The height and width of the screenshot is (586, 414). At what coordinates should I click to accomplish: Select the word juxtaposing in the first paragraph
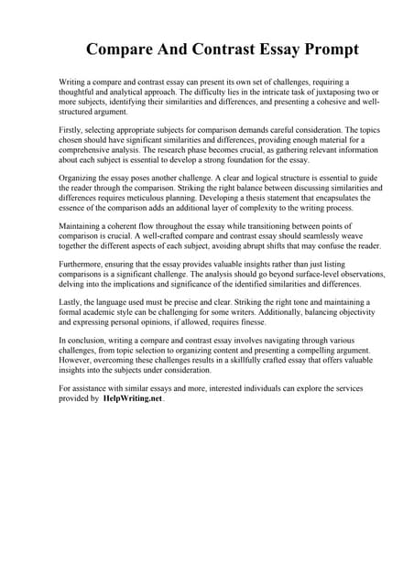[x=321, y=92]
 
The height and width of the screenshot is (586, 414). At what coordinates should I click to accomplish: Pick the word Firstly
[x=72, y=129]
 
